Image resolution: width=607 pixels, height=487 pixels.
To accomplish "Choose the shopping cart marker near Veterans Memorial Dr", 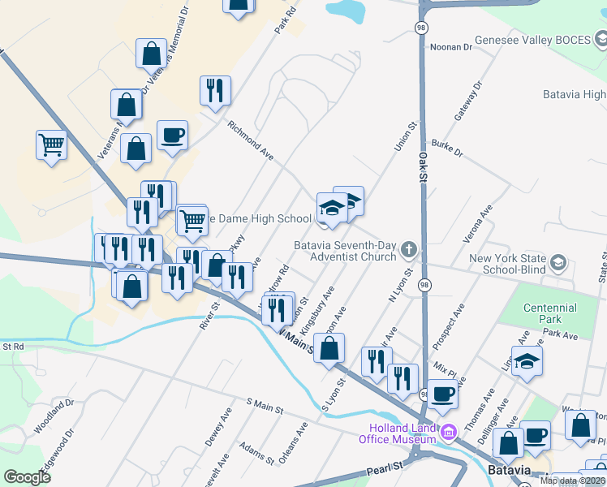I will (x=51, y=145).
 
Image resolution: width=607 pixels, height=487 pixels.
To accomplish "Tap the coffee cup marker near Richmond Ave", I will (x=172, y=135).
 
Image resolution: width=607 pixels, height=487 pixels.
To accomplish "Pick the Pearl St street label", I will (x=385, y=468).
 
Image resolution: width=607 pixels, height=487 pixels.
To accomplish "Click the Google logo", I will (x=28, y=477).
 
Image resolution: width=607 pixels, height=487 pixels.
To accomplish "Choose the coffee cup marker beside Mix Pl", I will (x=442, y=394).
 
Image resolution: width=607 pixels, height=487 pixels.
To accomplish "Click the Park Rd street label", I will (x=282, y=22).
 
